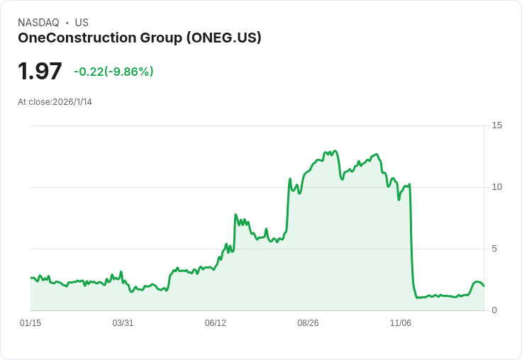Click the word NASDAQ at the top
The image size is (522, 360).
[38, 23]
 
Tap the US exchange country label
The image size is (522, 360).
[82, 23]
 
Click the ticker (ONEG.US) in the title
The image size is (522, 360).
[224, 38]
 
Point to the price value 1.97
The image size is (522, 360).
[40, 71]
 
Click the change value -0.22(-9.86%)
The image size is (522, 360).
[113, 72]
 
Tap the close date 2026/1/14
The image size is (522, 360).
[72, 102]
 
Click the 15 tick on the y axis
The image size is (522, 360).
[497, 125]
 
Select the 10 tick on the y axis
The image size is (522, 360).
[497, 187]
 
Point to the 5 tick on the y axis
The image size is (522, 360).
[495, 249]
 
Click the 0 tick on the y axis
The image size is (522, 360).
[495, 310]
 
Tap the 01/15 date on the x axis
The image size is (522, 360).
[30, 323]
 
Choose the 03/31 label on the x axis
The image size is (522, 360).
[123, 323]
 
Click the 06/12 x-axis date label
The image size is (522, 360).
[216, 323]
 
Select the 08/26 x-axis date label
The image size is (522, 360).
[308, 323]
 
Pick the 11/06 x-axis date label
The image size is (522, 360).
[401, 323]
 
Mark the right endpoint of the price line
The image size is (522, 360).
[484, 286]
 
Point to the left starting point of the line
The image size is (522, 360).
[30, 278]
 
